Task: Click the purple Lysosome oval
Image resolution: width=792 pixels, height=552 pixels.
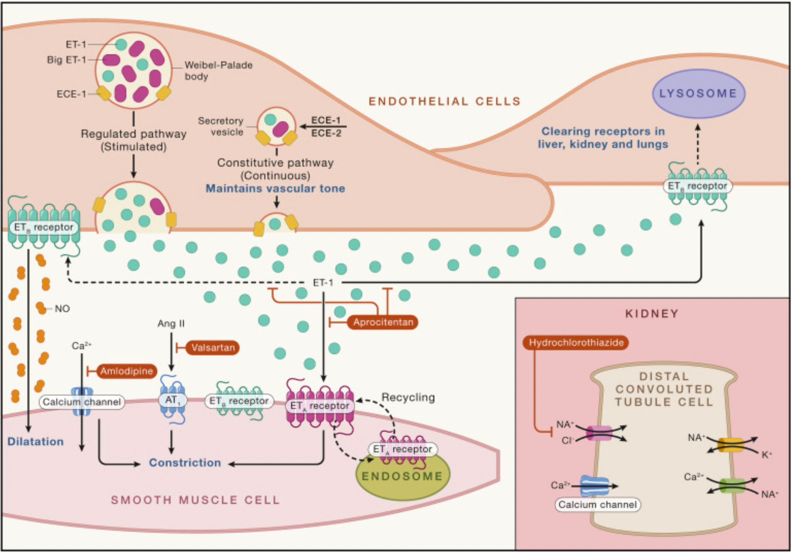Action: pos(699,93)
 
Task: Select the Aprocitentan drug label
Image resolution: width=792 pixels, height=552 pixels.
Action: pos(383,322)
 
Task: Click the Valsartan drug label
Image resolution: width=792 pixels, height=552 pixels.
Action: pos(213,348)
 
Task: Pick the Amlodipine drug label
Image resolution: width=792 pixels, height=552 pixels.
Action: pos(126,371)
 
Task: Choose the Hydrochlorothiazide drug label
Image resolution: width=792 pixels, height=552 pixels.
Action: pos(576,342)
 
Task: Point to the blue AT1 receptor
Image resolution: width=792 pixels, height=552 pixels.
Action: pos(172,399)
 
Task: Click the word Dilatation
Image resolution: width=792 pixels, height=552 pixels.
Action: pos(36,441)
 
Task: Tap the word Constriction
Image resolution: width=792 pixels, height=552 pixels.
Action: pos(185,463)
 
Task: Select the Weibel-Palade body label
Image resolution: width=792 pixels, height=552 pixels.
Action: pos(218,71)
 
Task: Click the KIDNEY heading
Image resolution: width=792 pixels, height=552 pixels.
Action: pos(652,314)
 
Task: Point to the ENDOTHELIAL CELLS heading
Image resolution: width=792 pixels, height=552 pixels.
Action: pos(445,102)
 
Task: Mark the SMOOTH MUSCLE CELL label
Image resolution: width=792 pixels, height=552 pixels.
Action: pos(195,500)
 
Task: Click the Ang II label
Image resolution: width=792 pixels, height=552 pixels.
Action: pos(171,324)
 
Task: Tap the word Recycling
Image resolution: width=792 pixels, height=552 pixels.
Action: pos(408,398)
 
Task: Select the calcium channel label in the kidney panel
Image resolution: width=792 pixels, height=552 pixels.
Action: pos(597,504)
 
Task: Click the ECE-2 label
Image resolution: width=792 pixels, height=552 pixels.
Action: pos(326,133)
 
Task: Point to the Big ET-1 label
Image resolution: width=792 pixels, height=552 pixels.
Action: pos(66,60)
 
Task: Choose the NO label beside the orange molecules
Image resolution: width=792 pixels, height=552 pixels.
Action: pos(62,309)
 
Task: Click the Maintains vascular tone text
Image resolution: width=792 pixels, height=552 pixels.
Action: pos(275,189)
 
